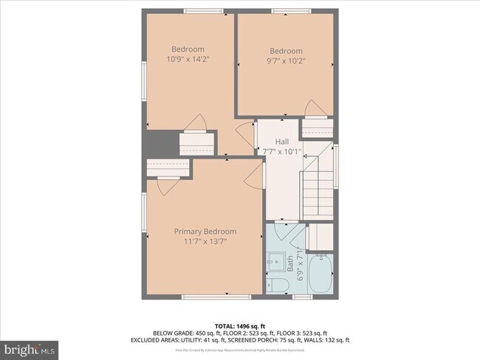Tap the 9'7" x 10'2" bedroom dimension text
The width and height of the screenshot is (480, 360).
pyautogui.click(x=285, y=61)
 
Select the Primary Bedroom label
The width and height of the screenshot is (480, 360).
pyautogui.click(x=205, y=231)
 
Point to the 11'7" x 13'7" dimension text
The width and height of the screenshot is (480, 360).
pyautogui.click(x=205, y=240)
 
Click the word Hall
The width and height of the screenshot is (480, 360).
pyautogui.click(x=282, y=142)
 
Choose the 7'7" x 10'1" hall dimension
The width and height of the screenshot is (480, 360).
pyautogui.click(x=282, y=152)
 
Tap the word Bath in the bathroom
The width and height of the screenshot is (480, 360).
pyautogui.click(x=289, y=262)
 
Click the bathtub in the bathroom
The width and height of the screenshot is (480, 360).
pyautogui.click(x=321, y=274)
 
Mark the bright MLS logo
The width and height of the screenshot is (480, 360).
pyautogui.click(x=30, y=347)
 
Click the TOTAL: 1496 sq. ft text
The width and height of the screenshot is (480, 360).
pyautogui.click(x=239, y=325)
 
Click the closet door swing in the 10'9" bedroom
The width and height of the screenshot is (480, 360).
pyautogui.click(x=195, y=123)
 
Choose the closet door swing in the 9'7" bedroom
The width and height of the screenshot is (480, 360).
pyautogui.click(x=315, y=109)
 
